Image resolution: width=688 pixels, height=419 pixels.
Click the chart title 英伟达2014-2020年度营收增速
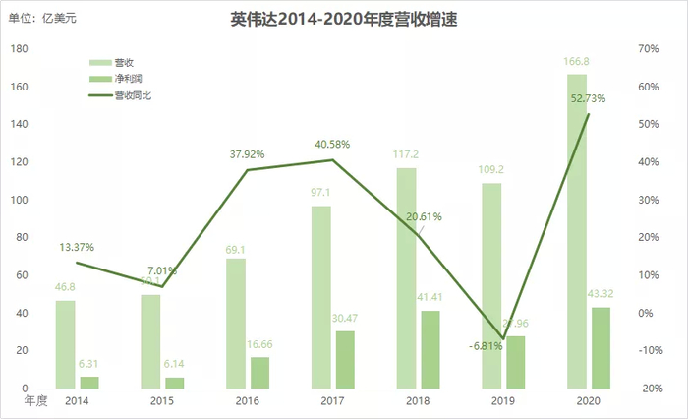click(344, 20)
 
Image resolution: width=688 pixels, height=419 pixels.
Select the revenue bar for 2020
click(577, 231)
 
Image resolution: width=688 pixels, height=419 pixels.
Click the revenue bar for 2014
click(65, 344)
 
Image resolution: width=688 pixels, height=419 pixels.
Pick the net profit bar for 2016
click(259, 373)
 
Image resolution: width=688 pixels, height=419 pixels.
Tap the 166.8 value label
click(576, 63)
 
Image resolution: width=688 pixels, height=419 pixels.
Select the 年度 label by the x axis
click(35, 400)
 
